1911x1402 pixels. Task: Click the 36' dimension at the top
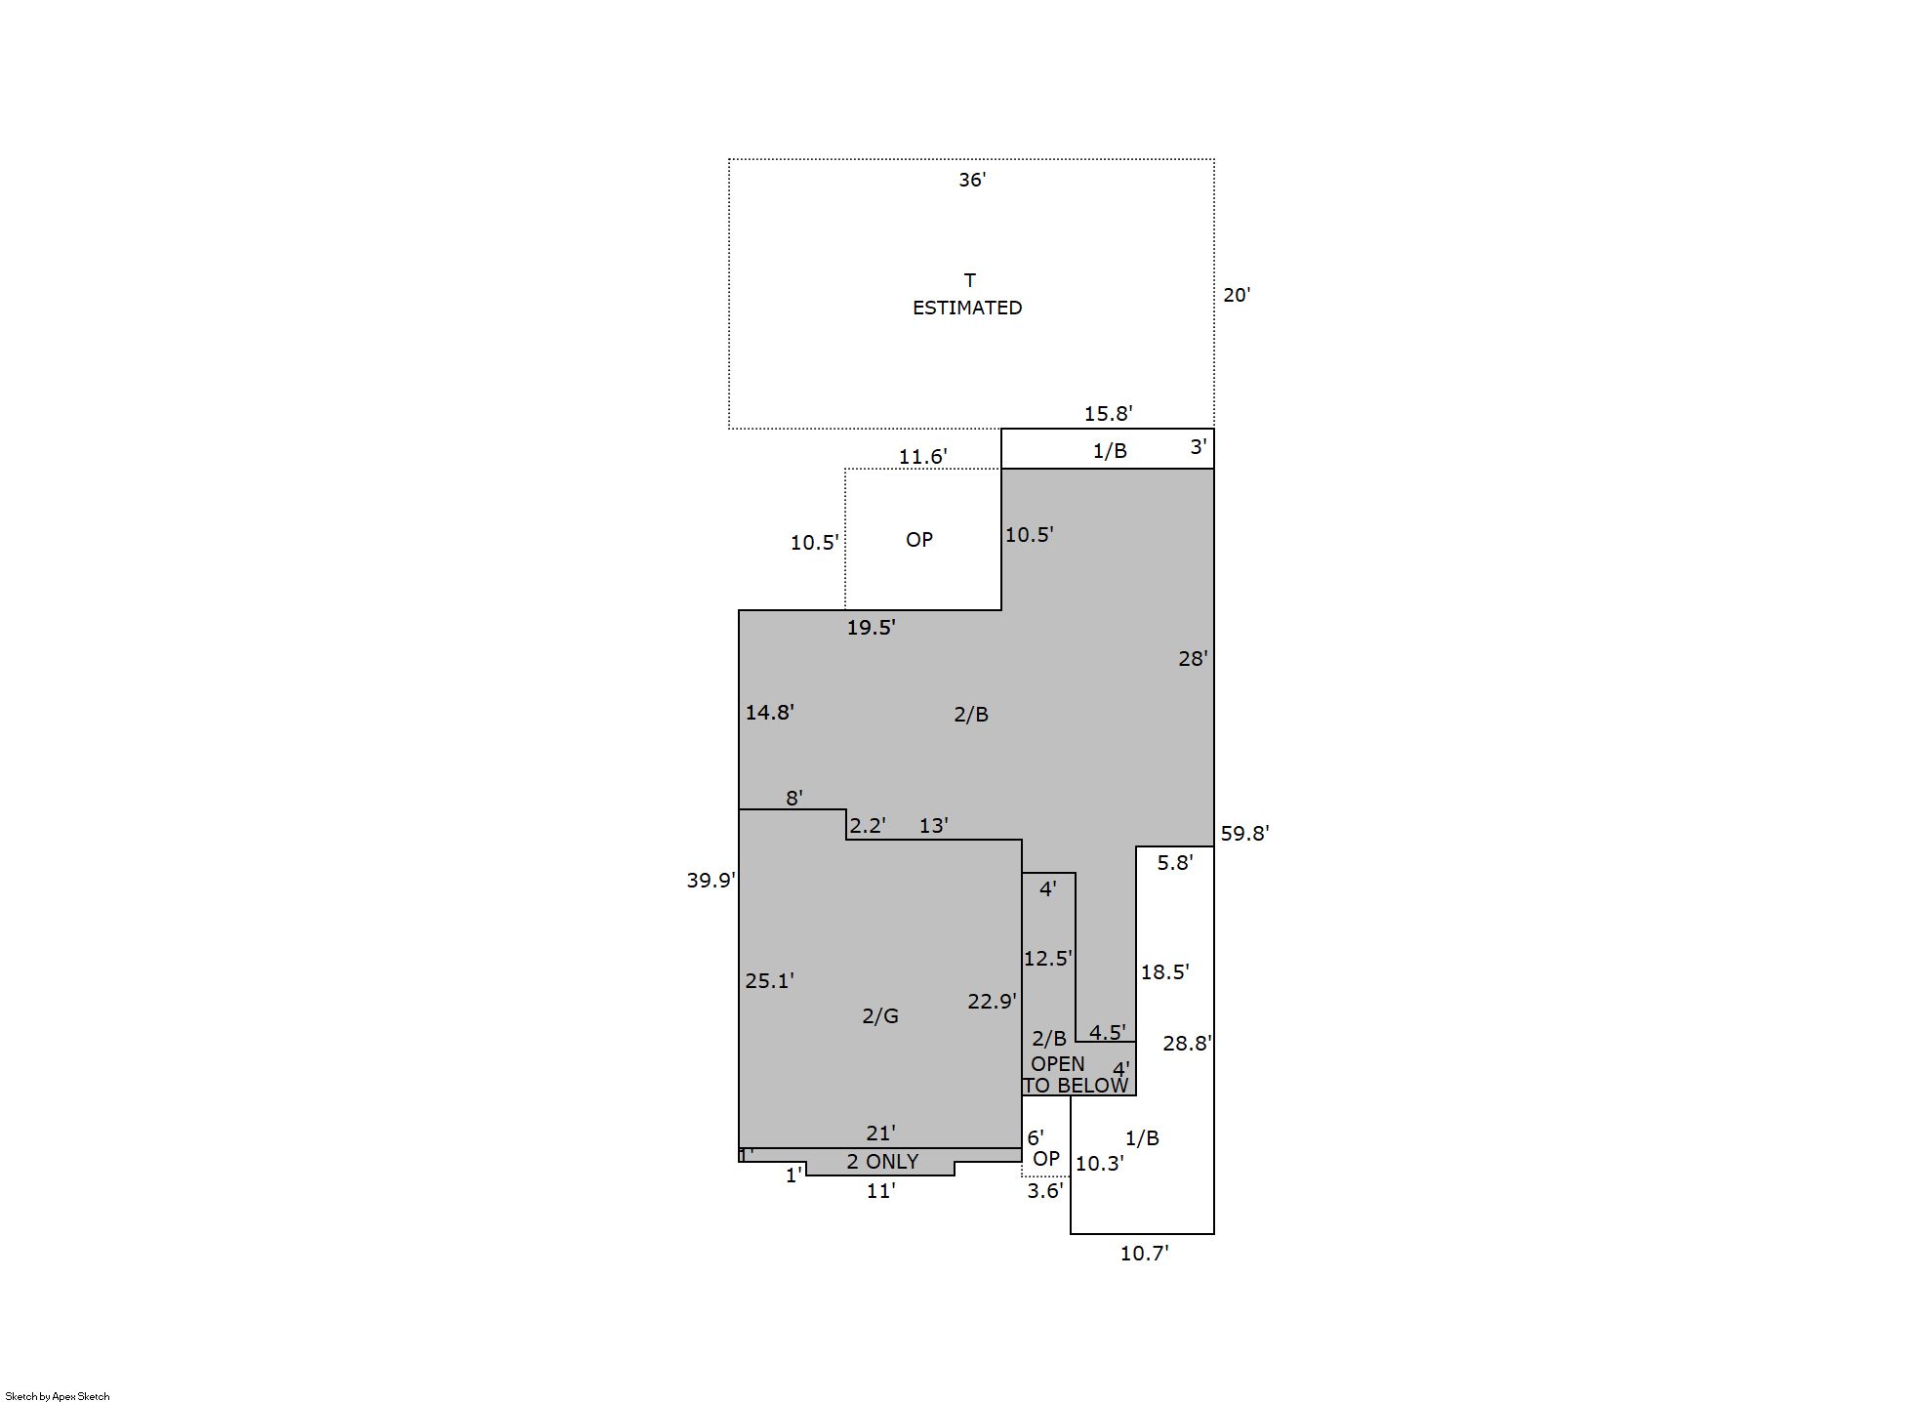[x=972, y=180]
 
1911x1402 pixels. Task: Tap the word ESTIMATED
[x=967, y=308]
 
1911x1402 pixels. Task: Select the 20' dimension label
[x=1237, y=295]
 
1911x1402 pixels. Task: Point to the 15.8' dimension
[x=1108, y=414]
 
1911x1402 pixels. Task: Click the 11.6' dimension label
[x=922, y=457]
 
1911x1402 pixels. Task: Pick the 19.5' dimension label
[x=871, y=628]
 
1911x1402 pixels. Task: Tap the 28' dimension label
[x=1193, y=659]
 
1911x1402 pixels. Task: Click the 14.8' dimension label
[x=769, y=713]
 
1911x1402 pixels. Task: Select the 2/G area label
[x=880, y=1016]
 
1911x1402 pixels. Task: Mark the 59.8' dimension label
[x=1244, y=834]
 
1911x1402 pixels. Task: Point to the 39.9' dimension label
[x=711, y=881]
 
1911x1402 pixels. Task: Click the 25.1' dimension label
[x=769, y=981]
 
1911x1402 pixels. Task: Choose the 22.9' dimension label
[x=992, y=1002]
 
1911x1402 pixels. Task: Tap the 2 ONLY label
[x=882, y=1162]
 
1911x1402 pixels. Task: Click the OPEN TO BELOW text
[x=1076, y=1075]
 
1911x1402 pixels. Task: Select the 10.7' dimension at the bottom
[x=1144, y=1254]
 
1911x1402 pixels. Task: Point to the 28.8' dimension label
[x=1187, y=1044]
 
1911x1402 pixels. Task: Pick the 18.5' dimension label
[x=1164, y=972]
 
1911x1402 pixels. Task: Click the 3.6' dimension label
[x=1044, y=1191]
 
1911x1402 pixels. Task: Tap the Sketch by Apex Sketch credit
[x=58, y=1396]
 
